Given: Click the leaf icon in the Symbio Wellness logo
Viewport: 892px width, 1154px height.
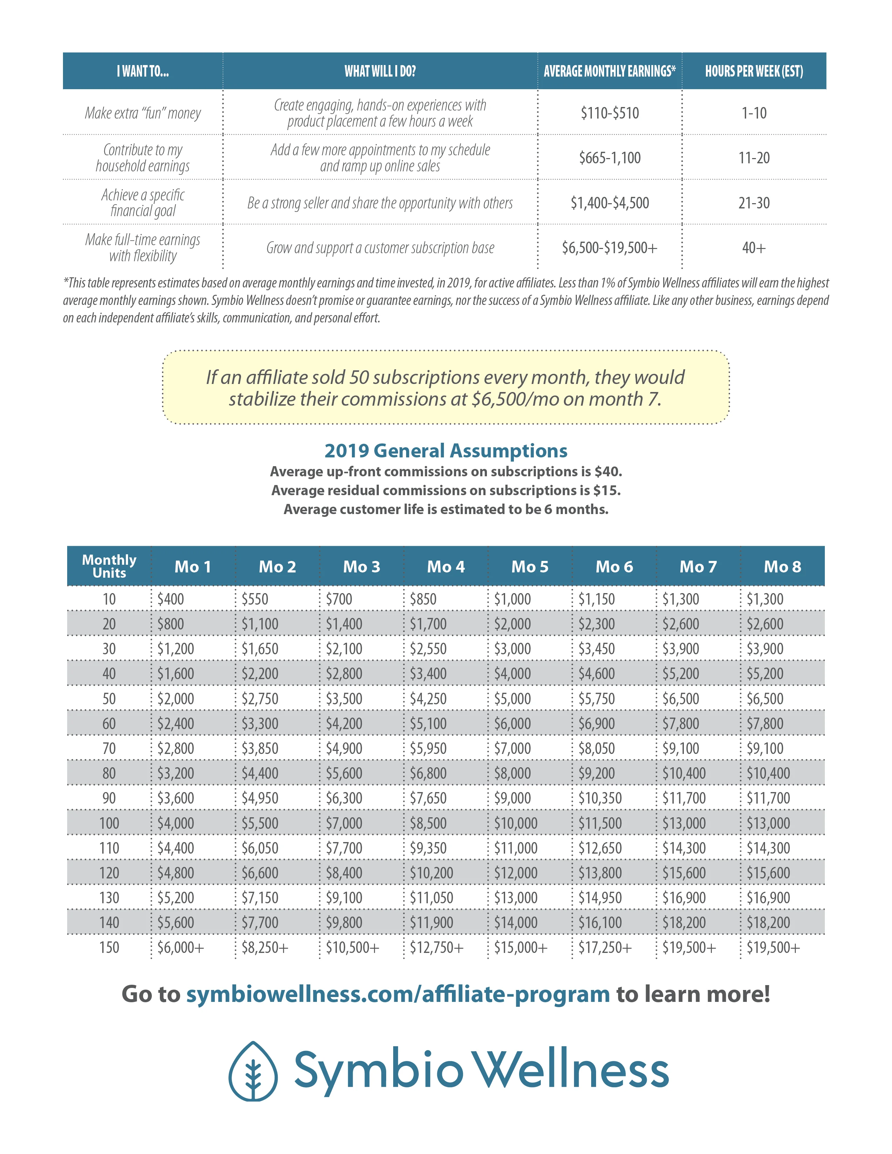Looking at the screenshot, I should click(253, 1070).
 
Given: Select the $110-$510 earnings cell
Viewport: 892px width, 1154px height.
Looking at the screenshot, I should click(609, 113).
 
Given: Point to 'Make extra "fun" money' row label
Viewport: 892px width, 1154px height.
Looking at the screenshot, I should click(143, 113).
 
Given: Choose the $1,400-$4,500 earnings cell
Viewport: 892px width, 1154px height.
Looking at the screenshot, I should click(609, 203).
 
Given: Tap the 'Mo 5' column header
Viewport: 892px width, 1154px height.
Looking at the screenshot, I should click(530, 567).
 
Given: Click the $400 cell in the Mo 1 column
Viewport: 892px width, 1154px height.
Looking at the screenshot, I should click(171, 599).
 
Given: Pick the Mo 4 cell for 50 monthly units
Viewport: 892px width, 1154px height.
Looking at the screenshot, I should click(428, 699).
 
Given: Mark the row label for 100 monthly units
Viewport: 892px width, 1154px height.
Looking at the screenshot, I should click(109, 823).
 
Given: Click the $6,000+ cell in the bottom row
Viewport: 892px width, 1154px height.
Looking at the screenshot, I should click(180, 947).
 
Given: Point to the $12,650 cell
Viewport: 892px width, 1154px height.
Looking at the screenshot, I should click(600, 848).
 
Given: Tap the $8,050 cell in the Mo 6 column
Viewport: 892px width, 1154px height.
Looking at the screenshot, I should click(597, 749).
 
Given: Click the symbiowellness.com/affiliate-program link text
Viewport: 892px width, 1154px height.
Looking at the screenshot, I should click(398, 994).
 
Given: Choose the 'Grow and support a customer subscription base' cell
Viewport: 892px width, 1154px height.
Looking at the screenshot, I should click(380, 248).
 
